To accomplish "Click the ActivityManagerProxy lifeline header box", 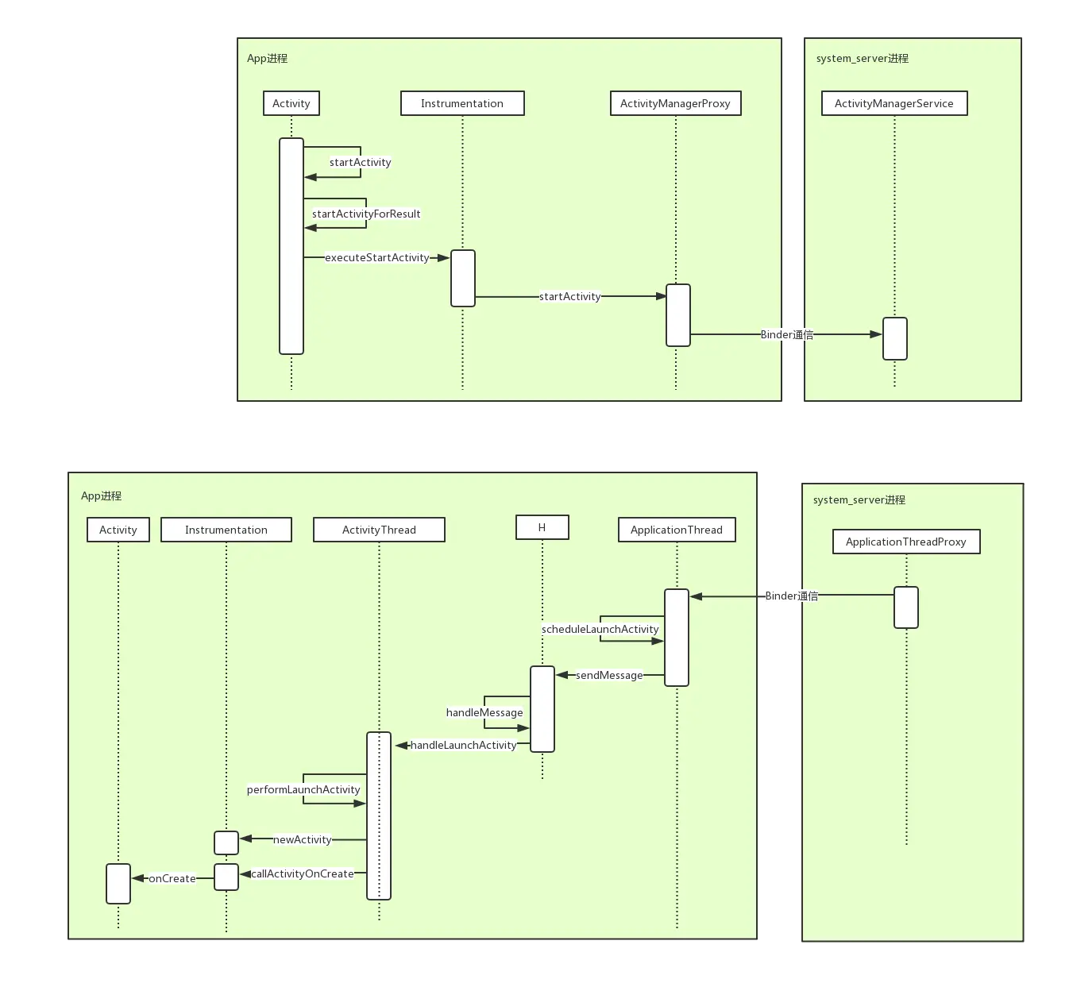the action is (675, 103).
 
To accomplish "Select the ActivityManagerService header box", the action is (894, 103).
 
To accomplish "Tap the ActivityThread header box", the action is (379, 530).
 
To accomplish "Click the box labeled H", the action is (542, 527).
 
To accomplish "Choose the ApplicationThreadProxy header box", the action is (906, 542).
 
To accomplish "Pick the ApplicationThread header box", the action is (677, 530).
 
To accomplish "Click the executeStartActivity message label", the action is (376, 258).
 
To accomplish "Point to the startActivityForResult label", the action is (366, 214).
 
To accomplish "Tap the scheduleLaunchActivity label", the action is (600, 629).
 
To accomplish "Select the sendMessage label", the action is (609, 675).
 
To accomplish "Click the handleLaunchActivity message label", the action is (463, 745).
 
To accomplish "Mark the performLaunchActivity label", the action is (303, 789).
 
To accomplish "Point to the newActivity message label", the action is (302, 839).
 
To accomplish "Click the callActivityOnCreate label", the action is (302, 873).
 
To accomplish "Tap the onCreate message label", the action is (172, 878).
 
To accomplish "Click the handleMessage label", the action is (484, 713).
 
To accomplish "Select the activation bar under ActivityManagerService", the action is (895, 339).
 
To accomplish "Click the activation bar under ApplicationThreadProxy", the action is (906, 607).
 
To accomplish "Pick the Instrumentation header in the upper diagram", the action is (462, 103).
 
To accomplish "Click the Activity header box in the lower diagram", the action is (118, 530).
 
